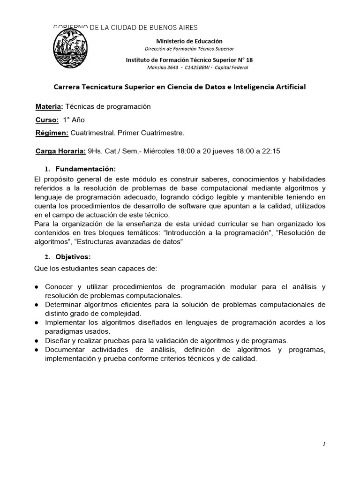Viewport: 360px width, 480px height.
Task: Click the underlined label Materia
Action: (49, 106)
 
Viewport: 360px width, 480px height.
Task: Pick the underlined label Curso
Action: (47, 120)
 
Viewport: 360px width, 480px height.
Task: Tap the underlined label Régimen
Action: (52, 133)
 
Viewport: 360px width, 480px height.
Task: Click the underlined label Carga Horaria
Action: (60, 151)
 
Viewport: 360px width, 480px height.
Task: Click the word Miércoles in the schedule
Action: (158, 151)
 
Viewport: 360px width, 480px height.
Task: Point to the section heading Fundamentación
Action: (85, 169)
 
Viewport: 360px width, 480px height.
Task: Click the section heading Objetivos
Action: (73, 257)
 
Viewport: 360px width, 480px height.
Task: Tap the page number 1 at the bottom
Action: (324, 445)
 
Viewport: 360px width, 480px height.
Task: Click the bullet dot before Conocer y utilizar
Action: (37, 287)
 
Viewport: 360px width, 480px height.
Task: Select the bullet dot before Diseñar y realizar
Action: (37, 341)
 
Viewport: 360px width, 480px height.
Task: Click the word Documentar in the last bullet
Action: (65, 350)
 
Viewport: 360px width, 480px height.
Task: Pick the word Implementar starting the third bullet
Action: (66, 323)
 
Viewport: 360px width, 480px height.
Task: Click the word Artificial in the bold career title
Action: (289, 87)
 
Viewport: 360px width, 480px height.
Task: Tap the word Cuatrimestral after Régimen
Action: (93, 133)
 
